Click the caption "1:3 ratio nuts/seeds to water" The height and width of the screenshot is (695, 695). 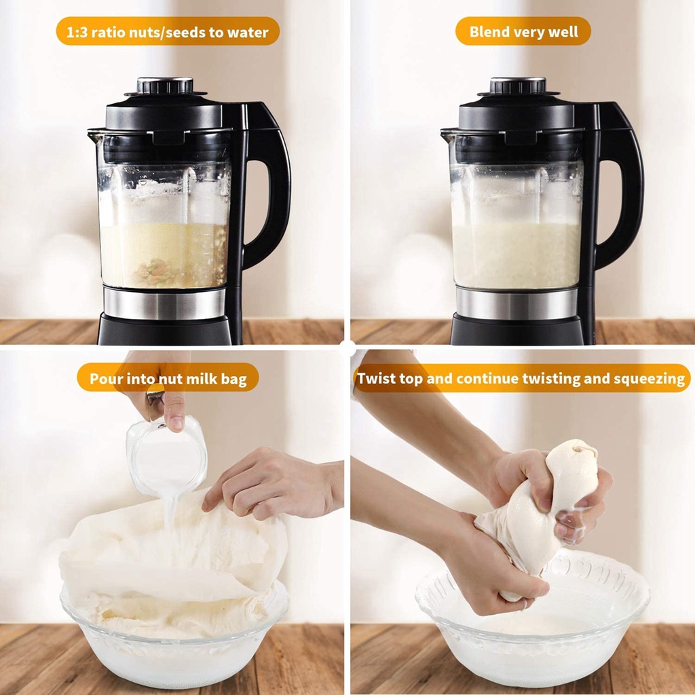click(x=168, y=32)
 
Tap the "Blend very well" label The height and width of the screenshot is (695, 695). click(x=523, y=31)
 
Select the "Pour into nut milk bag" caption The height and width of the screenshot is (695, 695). click(x=168, y=379)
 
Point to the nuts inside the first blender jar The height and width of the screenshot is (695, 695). click(x=156, y=271)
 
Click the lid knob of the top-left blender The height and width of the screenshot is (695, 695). click(x=165, y=86)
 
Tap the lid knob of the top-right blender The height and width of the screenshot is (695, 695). click(x=518, y=86)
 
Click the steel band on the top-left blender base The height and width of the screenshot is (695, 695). click(x=164, y=303)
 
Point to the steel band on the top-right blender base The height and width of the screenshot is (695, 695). click(x=516, y=303)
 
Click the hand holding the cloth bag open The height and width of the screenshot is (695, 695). click(x=270, y=483)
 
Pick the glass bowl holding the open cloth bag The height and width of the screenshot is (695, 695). click(x=174, y=647)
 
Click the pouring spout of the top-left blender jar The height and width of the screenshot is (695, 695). click(x=94, y=133)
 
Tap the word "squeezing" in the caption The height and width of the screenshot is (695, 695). click(x=650, y=379)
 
